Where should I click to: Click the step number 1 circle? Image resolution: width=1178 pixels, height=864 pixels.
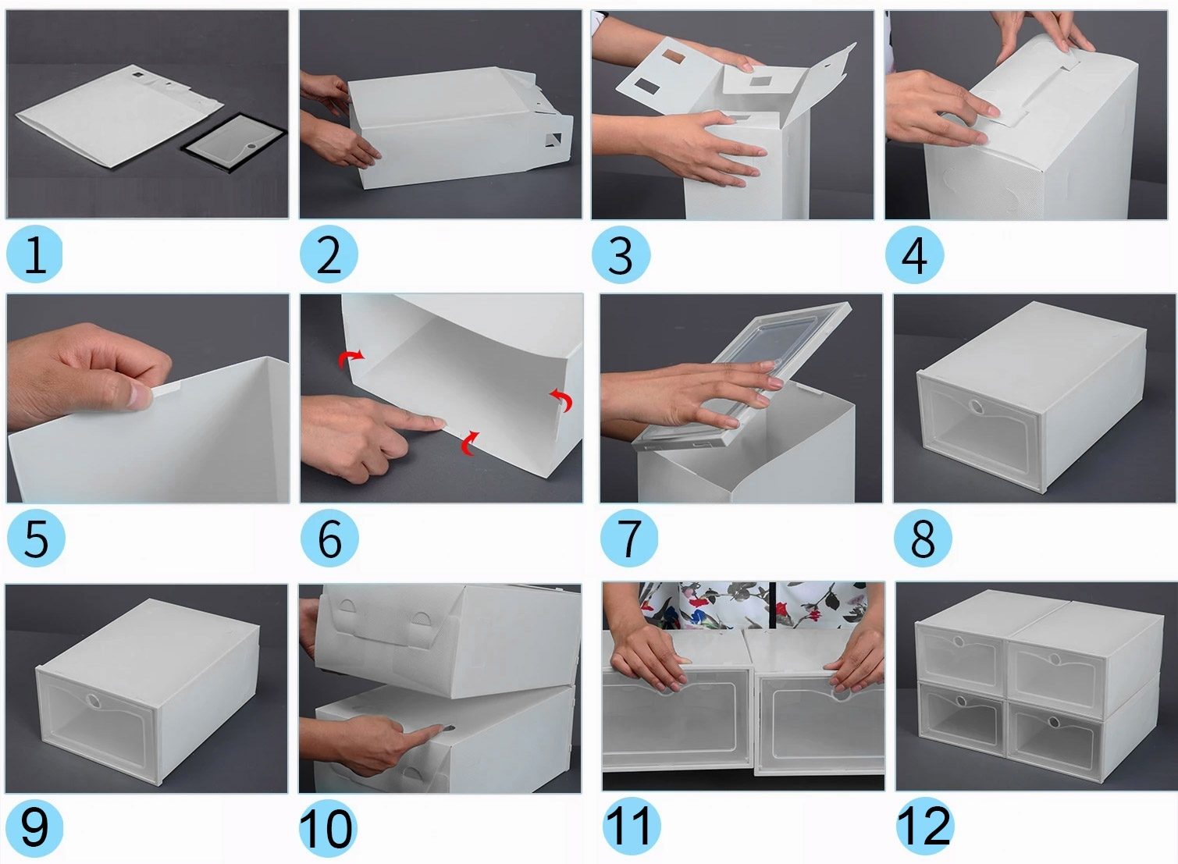point(34,254)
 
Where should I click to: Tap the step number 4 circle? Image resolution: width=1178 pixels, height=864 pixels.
point(914,255)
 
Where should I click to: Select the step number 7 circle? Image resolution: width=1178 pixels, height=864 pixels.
point(629,538)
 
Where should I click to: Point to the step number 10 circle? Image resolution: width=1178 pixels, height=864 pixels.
point(328,829)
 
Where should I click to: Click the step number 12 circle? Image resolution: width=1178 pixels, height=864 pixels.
point(924,826)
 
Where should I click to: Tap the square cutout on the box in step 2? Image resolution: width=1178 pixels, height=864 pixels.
point(553,140)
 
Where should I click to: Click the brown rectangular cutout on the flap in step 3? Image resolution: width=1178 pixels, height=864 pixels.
point(673,55)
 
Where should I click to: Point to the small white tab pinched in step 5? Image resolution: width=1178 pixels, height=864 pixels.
point(165,389)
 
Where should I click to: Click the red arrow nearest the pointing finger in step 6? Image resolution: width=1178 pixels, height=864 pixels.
point(469,443)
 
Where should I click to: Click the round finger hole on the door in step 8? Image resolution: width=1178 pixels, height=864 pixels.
point(977,407)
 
